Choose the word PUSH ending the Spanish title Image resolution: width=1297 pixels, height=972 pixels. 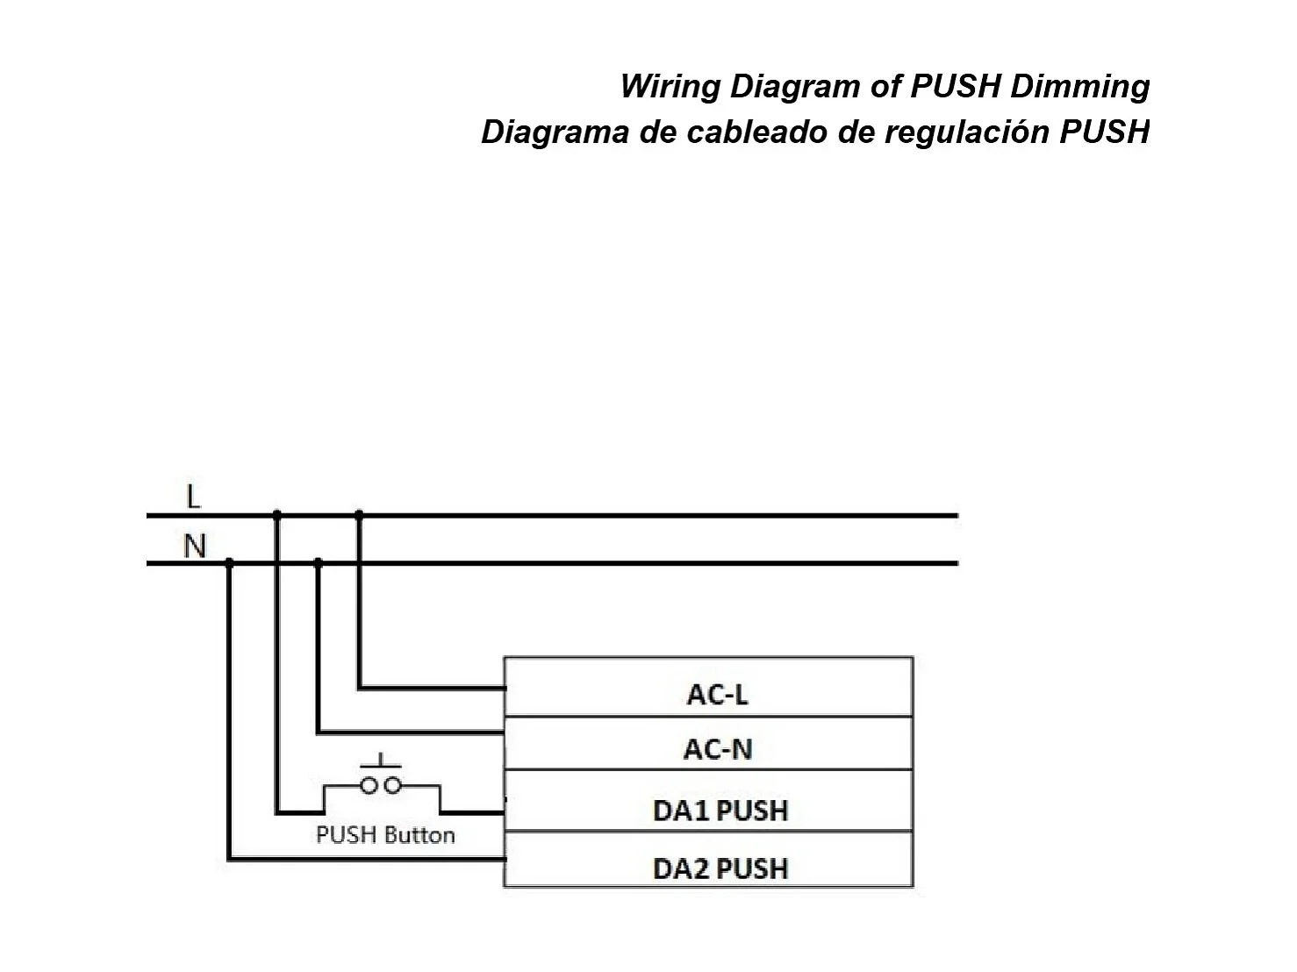tap(1105, 132)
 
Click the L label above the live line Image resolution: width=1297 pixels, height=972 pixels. tap(194, 497)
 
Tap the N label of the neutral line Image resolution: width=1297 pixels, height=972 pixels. tap(194, 546)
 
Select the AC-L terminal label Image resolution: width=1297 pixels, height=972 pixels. tap(717, 695)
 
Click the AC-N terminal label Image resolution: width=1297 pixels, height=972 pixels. tap(717, 749)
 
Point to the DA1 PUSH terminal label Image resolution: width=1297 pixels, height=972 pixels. tap(720, 811)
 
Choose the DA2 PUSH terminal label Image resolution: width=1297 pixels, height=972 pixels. tap(720, 868)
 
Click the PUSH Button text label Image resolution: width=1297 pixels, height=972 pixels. tap(385, 834)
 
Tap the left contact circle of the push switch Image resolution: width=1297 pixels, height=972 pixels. tap(369, 785)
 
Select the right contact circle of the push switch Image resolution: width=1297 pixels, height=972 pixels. tap(393, 785)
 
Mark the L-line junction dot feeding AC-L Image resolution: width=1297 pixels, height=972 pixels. tap(358, 515)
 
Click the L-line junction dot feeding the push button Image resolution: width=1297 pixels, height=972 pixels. tap(277, 515)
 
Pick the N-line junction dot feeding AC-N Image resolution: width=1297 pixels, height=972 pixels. tap(318, 562)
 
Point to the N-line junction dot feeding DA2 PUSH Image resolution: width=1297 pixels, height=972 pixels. tap(229, 562)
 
